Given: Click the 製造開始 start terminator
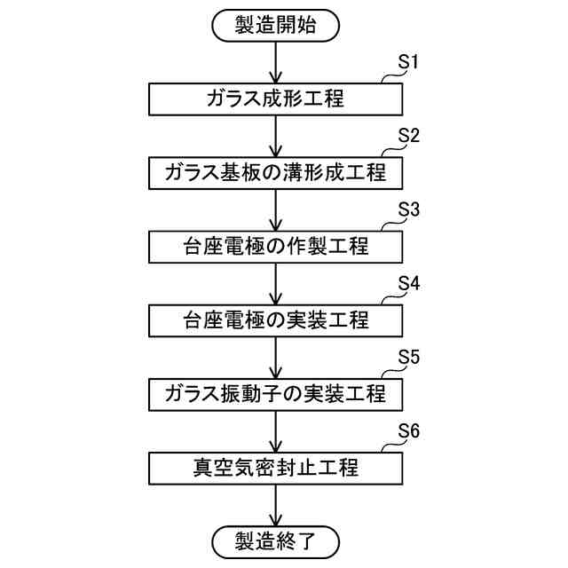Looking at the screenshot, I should tap(275, 27).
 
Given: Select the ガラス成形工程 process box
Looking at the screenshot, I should tap(275, 99).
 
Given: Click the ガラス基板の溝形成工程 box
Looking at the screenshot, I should tap(275, 173).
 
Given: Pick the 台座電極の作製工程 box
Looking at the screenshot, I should tap(275, 246).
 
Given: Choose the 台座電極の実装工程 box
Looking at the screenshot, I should tap(275, 319).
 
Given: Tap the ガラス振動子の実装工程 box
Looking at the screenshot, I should tap(275, 391).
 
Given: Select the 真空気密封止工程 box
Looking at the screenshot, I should tap(275, 464).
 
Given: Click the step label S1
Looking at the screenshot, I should tap(408, 63).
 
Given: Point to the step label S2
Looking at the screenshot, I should tap(408, 137).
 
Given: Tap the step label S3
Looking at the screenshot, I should tap(408, 210).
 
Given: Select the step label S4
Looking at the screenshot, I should tap(408, 283).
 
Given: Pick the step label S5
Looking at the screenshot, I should tap(408, 356).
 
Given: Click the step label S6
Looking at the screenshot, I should tap(408, 430).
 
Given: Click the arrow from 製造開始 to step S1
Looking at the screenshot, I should tap(275, 62).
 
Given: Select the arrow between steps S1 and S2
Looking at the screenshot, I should tap(275, 136).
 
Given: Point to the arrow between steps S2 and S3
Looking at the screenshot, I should tap(275, 209).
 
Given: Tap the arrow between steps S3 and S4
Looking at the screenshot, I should tap(275, 282).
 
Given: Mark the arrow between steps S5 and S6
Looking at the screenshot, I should tap(275, 428).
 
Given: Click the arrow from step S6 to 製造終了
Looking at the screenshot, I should tap(275, 501).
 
